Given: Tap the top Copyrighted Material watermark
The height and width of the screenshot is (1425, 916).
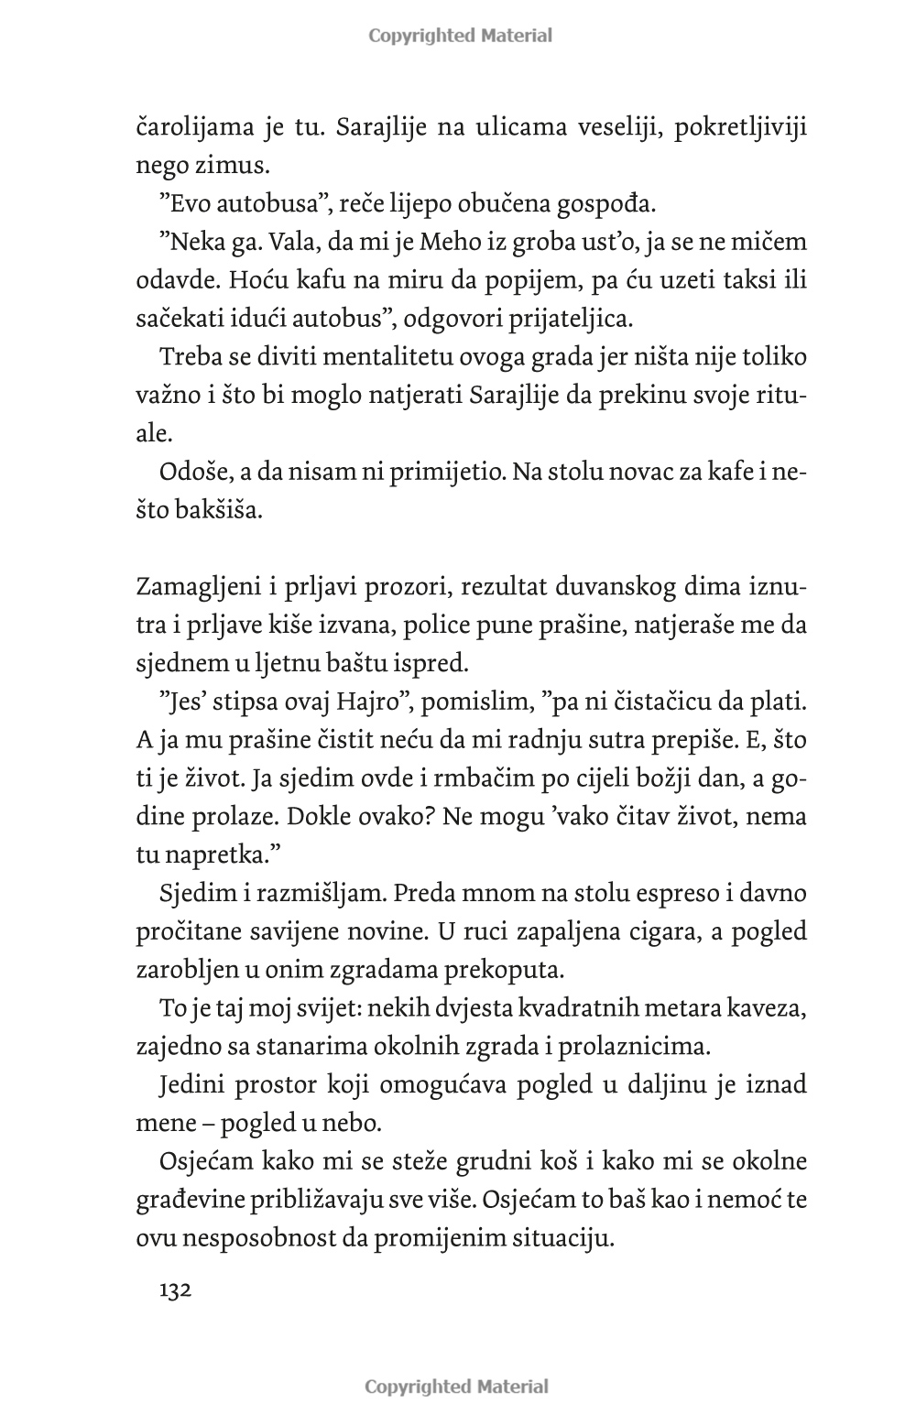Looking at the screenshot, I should tap(460, 36).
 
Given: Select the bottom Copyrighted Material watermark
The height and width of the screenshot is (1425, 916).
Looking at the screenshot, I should tap(457, 1386).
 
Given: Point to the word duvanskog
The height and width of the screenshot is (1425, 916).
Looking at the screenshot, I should tap(588, 587).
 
